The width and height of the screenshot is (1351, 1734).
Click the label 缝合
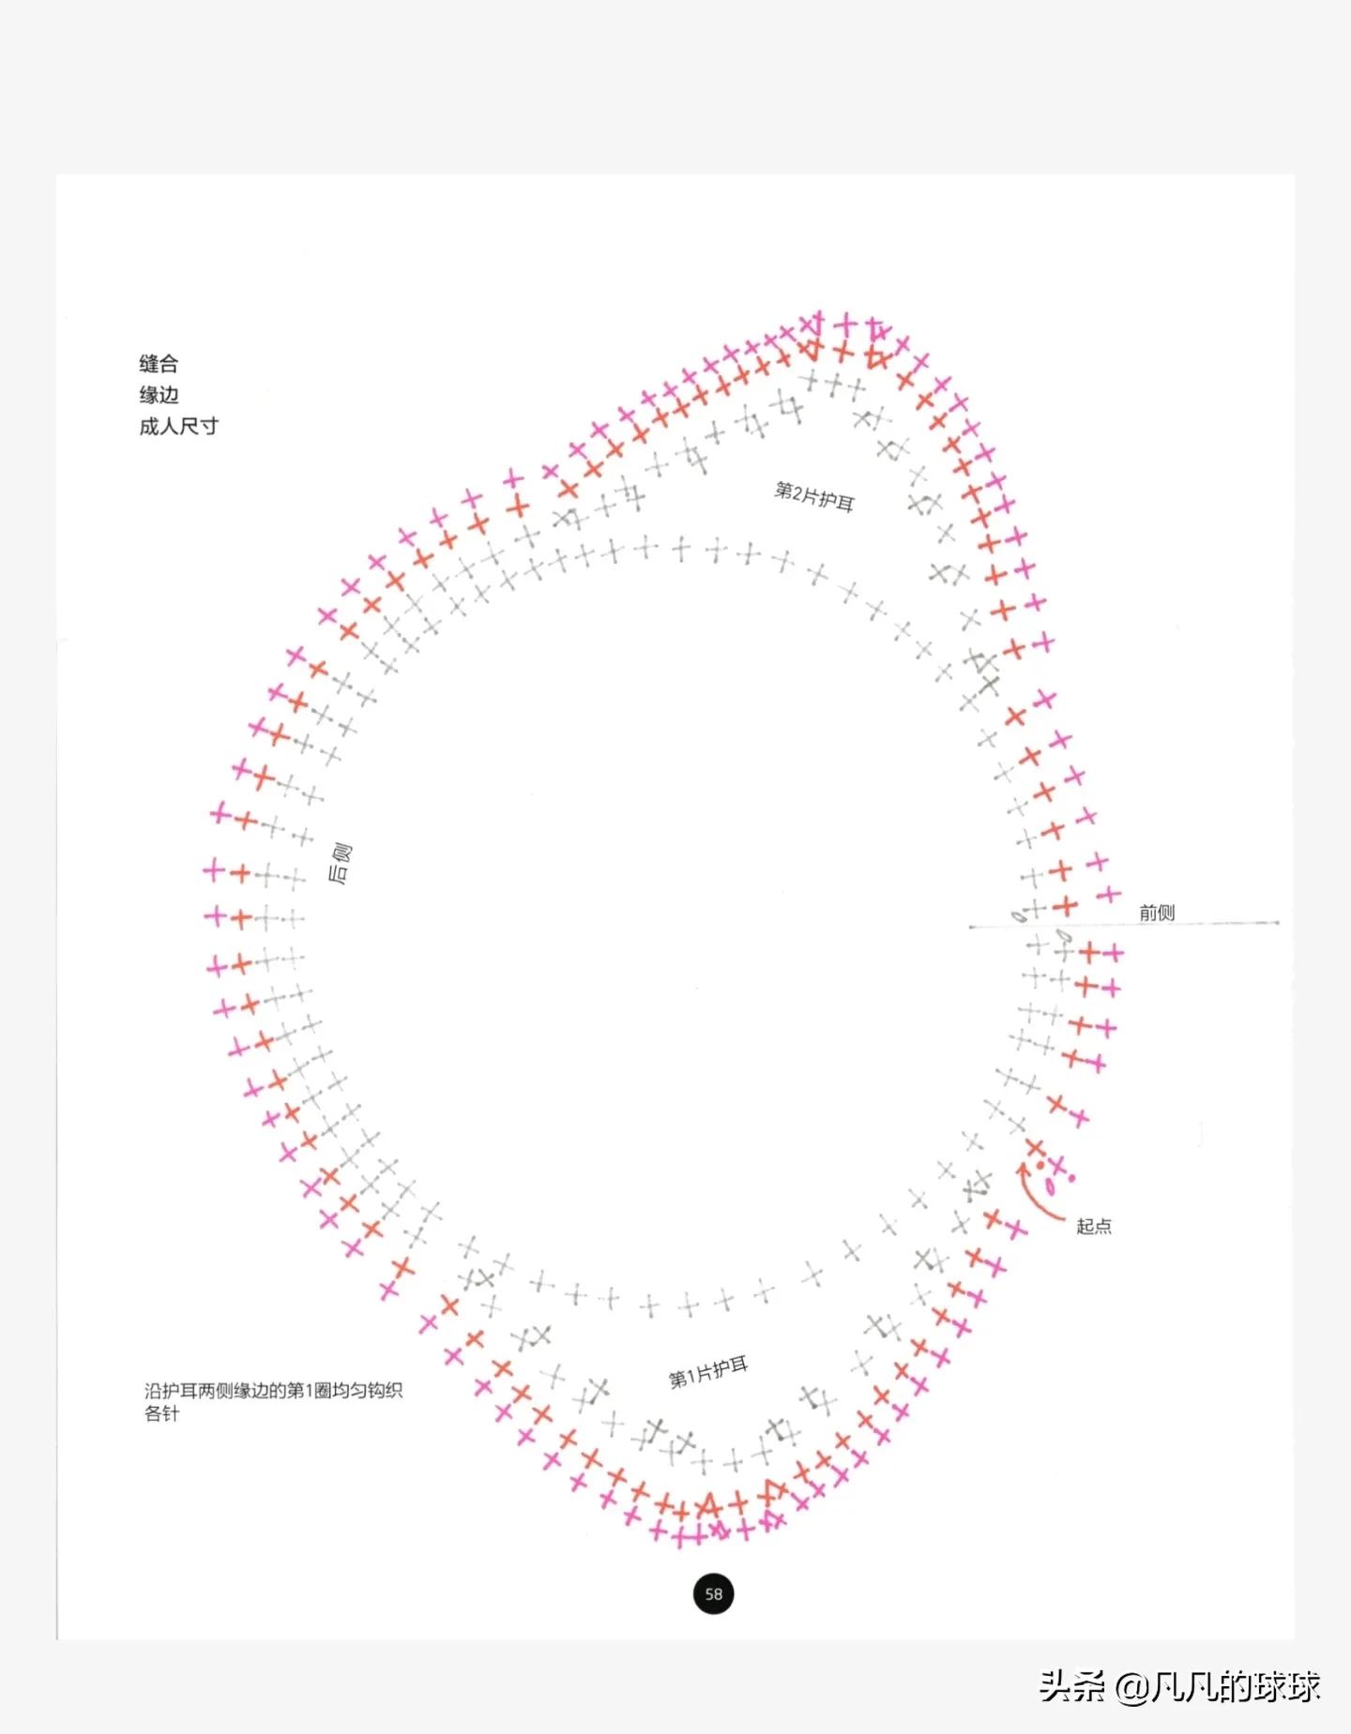159,364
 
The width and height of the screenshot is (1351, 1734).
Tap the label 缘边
159,395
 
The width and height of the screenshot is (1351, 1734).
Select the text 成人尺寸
178,427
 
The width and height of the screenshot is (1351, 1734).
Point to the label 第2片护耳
814,497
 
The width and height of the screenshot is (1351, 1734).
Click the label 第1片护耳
708,1372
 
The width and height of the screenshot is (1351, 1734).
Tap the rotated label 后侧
340,864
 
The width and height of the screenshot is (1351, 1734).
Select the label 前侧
1157,912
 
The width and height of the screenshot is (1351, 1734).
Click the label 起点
1094,1227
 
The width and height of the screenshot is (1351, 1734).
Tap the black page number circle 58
714,1594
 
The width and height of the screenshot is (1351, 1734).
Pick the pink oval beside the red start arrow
1051,1186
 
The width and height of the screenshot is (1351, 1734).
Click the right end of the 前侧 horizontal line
1277,923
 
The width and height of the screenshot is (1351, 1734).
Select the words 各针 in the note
161,1413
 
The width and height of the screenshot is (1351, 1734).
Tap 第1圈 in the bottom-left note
306,1390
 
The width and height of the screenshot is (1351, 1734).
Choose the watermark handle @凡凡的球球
1218,1686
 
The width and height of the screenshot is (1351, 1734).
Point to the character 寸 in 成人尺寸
208,427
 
